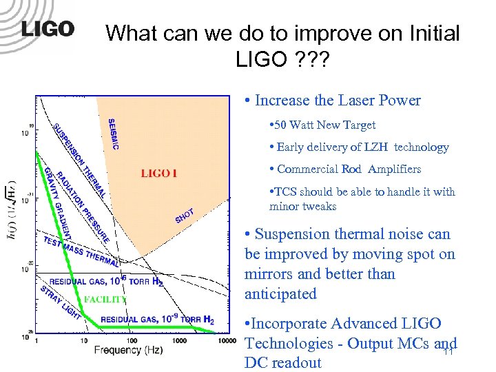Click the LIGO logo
pyautogui.click(x=48, y=29)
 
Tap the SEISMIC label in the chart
pyautogui.click(x=114, y=134)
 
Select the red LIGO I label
pyautogui.click(x=159, y=174)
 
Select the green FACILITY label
pyautogui.click(x=105, y=299)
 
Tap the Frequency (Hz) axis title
pyautogui.click(x=129, y=350)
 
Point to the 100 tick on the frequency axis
pyautogui.click(x=129, y=340)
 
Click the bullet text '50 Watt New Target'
pyautogui.click(x=324, y=125)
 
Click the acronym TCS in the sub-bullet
pyautogui.click(x=284, y=192)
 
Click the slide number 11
pyautogui.click(x=447, y=352)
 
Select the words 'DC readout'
pyautogui.click(x=283, y=362)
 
